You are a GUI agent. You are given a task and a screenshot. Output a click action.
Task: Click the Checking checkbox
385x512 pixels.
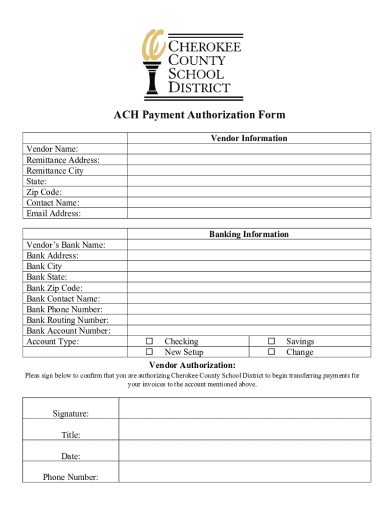pyautogui.click(x=149, y=341)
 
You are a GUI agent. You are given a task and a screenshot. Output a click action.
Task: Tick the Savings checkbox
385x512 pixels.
pyautogui.click(x=271, y=341)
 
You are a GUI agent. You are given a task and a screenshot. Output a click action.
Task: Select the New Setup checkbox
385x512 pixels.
pyautogui.click(x=149, y=352)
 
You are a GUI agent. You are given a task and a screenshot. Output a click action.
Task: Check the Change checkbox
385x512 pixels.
pyautogui.click(x=271, y=352)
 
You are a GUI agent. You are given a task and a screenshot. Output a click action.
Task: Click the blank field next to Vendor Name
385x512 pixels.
pyautogui.click(x=248, y=149)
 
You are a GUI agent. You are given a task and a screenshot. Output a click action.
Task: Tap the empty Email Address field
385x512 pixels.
pyautogui.click(x=248, y=213)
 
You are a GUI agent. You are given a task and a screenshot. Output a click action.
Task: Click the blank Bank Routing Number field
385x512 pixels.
pyautogui.click(x=248, y=320)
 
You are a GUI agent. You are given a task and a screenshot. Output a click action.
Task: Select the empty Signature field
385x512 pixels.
pyautogui.click(x=244, y=408)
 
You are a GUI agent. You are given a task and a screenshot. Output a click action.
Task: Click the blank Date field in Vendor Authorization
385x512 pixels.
pyautogui.click(x=244, y=450)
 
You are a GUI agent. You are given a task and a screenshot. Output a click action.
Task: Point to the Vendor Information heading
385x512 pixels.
pyautogui.click(x=248, y=138)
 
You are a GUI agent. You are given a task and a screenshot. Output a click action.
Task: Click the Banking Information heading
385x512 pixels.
pyautogui.click(x=248, y=234)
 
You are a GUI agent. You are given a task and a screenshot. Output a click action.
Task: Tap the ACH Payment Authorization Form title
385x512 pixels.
pyautogui.click(x=199, y=115)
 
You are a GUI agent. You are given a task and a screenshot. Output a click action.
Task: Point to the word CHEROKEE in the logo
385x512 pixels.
pyautogui.click(x=204, y=47)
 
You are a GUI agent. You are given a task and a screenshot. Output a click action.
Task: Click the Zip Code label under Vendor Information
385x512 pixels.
pyautogui.click(x=44, y=192)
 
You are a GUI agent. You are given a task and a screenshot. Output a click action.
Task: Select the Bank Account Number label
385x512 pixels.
pyautogui.click(x=68, y=330)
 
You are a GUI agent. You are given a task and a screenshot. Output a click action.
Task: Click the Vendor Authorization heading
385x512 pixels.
pyautogui.click(x=192, y=365)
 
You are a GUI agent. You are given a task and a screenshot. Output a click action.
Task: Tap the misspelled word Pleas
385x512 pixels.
pyautogui.click(x=34, y=375)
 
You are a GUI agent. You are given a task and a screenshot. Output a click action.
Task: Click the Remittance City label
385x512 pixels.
pyautogui.click(x=55, y=170)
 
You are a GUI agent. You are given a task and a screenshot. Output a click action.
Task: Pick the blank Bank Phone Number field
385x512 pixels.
pyautogui.click(x=248, y=309)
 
